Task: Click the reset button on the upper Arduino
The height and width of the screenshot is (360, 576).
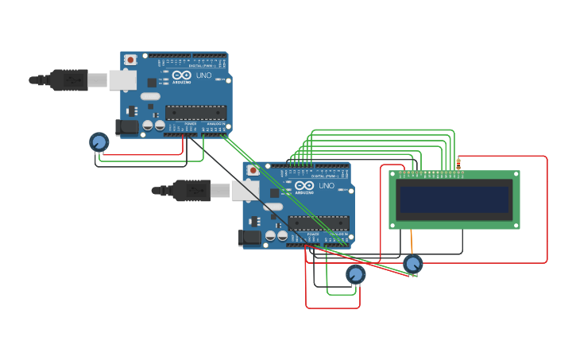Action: pyautogui.click(x=130, y=60)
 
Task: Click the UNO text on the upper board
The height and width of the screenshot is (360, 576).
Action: pyautogui.click(x=204, y=75)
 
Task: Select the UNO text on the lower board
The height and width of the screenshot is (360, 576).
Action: pyautogui.click(x=327, y=186)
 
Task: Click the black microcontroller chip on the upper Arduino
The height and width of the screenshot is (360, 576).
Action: pyautogui.click(x=195, y=112)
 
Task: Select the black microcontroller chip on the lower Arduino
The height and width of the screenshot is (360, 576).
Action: pyautogui.click(x=318, y=223)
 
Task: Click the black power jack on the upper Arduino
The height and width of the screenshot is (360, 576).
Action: pyautogui.click(x=126, y=126)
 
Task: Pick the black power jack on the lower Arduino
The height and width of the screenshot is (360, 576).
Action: pyautogui.click(x=249, y=237)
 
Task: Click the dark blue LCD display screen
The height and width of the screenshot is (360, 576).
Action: pyautogui.click(x=454, y=199)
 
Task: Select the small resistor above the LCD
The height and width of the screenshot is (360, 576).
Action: pyautogui.click(x=458, y=164)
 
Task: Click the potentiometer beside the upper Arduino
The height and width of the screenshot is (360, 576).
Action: pyautogui.click(x=99, y=141)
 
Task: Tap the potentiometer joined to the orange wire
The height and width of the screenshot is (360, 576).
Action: pyautogui.click(x=412, y=263)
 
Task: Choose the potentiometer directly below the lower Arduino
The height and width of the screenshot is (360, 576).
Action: pyautogui.click(x=356, y=274)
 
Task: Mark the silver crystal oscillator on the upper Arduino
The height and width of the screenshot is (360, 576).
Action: pyautogui.click(x=151, y=96)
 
